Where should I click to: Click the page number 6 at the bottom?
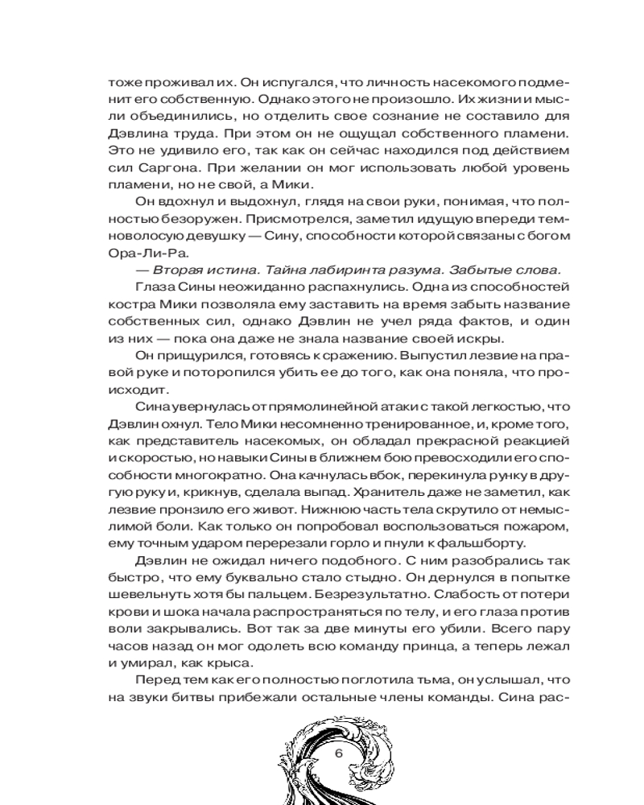click(x=338, y=753)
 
